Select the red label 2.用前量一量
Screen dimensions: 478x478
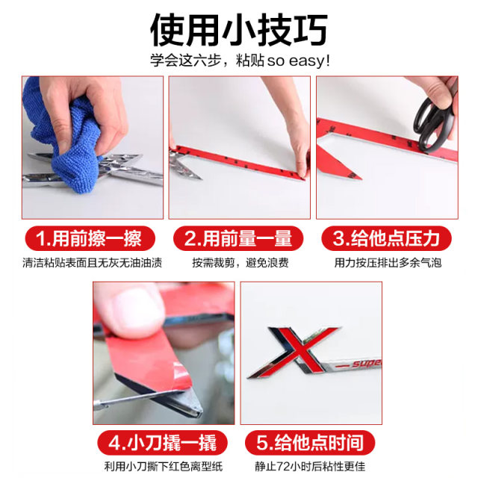click(239, 239)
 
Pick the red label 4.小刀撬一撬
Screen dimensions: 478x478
click(164, 442)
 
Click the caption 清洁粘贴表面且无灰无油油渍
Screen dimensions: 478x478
click(92, 263)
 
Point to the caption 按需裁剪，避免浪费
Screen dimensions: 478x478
click(239, 263)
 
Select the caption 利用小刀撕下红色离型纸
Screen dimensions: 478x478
click(164, 466)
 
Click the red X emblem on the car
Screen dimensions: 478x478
click(291, 351)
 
